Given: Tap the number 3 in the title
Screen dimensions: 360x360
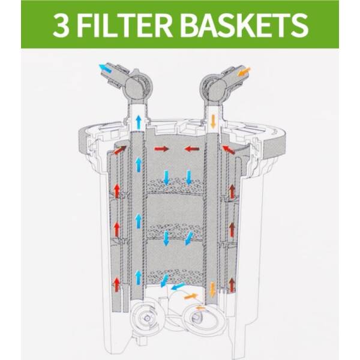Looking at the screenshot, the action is [x=61, y=25].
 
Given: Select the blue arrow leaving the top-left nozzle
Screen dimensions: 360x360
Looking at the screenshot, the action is [x=105, y=68].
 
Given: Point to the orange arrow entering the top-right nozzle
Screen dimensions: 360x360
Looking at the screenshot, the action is [x=245, y=71].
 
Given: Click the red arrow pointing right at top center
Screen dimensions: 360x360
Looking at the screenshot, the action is [x=161, y=149].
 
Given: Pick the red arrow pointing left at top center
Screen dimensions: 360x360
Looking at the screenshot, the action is [x=192, y=149].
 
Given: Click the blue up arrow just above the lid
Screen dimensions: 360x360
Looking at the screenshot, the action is [x=138, y=122].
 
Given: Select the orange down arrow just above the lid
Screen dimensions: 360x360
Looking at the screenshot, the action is [x=213, y=121].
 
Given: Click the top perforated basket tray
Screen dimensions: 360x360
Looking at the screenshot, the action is [x=176, y=185].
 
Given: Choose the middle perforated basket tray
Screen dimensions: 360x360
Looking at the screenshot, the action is [x=176, y=232].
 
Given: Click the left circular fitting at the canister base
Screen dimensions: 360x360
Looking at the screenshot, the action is [x=146, y=318].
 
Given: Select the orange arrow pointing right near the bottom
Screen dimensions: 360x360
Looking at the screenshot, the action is [x=191, y=296].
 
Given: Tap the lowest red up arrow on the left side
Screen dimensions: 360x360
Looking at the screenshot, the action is [x=117, y=284].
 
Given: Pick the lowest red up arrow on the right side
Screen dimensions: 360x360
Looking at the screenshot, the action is [x=232, y=284].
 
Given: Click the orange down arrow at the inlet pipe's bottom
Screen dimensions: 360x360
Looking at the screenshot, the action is [x=213, y=289].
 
